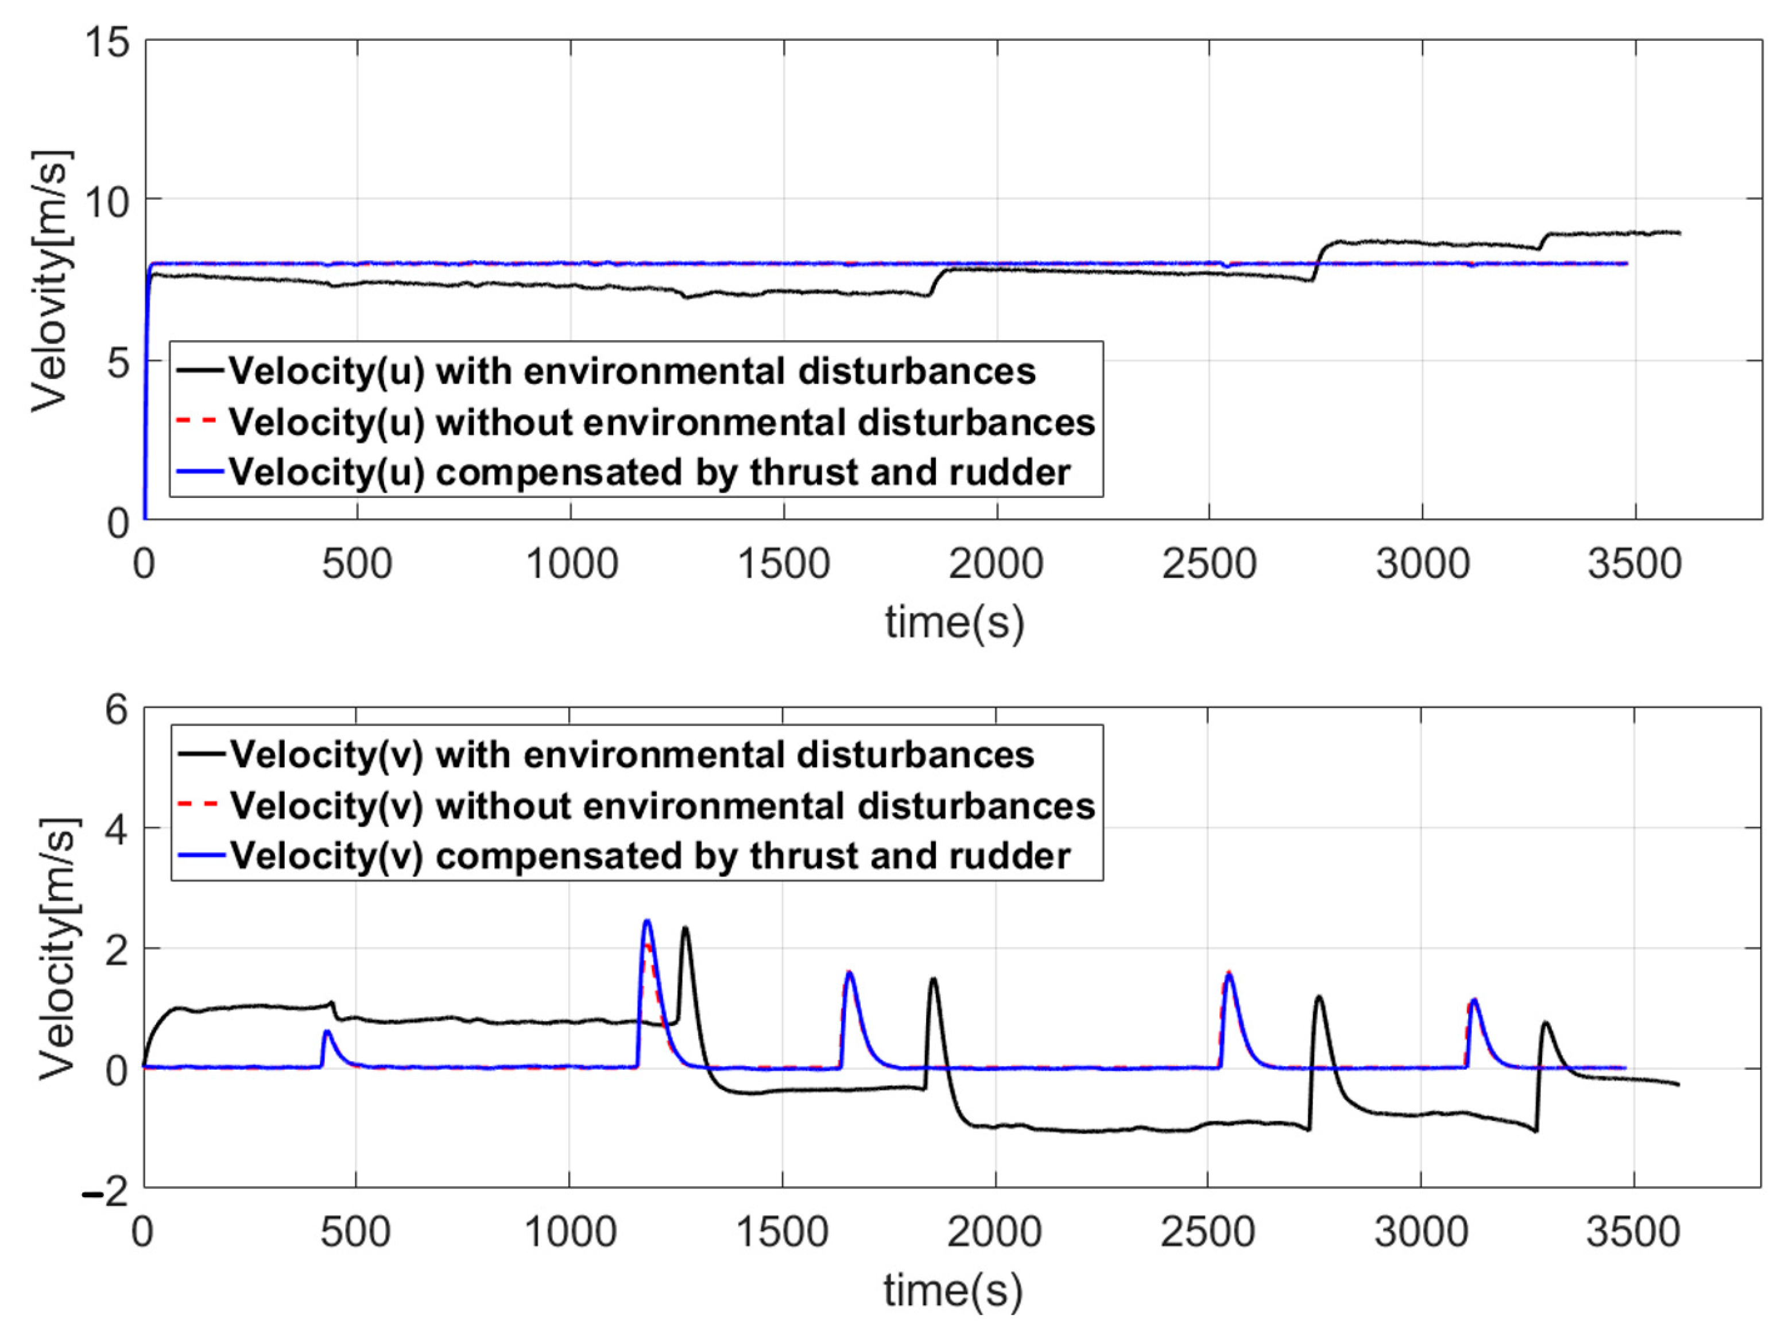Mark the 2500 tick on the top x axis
click(1209, 564)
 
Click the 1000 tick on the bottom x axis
click(570, 1232)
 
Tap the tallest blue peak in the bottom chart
click(647, 921)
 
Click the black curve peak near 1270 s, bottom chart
click(686, 929)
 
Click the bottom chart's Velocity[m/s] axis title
click(58, 948)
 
